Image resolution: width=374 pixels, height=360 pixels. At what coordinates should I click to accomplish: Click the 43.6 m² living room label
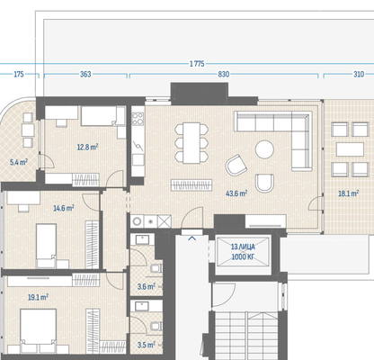tap(236, 193)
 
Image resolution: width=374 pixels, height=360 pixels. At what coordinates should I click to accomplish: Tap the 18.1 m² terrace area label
tap(349, 193)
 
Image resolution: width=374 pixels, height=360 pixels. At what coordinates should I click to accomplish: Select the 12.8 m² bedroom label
tap(87, 148)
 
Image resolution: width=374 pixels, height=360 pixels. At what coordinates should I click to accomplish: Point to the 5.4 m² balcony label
tap(19, 162)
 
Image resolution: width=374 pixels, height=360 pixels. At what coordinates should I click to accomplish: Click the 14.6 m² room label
tap(64, 208)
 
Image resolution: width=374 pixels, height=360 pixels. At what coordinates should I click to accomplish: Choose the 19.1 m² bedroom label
tap(38, 297)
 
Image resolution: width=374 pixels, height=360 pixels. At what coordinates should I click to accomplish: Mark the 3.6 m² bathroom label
tap(147, 286)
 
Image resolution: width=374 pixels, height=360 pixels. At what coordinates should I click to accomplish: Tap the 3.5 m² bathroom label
tap(147, 345)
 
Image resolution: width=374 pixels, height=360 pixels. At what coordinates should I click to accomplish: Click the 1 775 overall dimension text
tap(197, 64)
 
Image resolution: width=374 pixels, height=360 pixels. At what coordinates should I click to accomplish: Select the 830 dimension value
tap(224, 74)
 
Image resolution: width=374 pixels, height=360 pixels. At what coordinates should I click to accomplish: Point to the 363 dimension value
tap(85, 74)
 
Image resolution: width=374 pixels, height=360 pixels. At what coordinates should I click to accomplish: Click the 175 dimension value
tap(19, 74)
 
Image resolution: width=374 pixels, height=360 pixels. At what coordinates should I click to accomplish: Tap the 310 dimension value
tap(359, 74)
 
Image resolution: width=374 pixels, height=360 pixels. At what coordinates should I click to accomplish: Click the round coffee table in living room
tap(264, 149)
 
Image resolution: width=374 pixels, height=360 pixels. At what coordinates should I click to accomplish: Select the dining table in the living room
tap(191, 143)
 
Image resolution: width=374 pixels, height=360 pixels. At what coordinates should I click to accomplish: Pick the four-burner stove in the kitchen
tap(138, 119)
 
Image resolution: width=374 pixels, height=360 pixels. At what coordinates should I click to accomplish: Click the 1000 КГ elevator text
tap(243, 256)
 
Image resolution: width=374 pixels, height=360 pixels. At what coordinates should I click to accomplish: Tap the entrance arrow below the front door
tap(192, 238)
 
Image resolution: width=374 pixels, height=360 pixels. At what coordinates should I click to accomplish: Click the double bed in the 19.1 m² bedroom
tap(38, 330)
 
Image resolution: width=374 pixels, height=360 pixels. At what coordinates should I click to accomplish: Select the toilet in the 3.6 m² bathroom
tap(156, 268)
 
